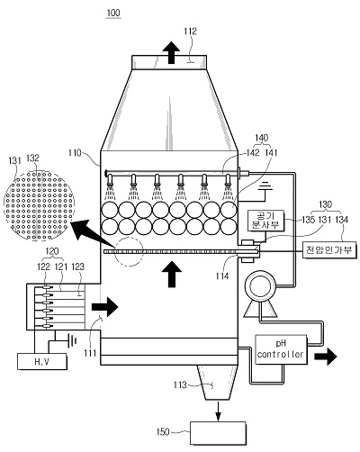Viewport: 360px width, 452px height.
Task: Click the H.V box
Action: (42, 361)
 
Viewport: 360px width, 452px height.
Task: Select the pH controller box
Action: (281, 350)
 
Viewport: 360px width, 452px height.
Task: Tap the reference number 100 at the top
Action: (113, 13)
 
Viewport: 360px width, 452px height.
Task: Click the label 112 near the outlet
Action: (191, 32)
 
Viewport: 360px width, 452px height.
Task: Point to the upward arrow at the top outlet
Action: (171, 53)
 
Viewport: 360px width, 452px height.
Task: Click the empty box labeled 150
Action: (218, 433)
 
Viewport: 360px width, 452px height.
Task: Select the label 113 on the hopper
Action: (180, 384)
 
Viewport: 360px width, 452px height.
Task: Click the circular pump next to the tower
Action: (260, 286)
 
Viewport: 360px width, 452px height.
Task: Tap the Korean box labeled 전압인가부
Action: (329, 249)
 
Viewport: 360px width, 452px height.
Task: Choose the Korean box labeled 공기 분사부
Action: (265, 221)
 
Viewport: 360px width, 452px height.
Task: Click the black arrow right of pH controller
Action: (326, 356)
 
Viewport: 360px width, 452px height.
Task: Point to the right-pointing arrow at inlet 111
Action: (105, 307)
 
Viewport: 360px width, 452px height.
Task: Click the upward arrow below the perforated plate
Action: (172, 275)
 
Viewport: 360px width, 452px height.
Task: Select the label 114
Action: (222, 276)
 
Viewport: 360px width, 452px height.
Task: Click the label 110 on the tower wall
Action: (75, 153)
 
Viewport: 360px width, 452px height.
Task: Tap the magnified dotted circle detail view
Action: (39, 205)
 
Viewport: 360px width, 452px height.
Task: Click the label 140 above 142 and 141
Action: (261, 138)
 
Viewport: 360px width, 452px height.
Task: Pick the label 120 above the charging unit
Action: (52, 251)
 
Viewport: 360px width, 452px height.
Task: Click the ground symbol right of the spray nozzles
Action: (265, 187)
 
